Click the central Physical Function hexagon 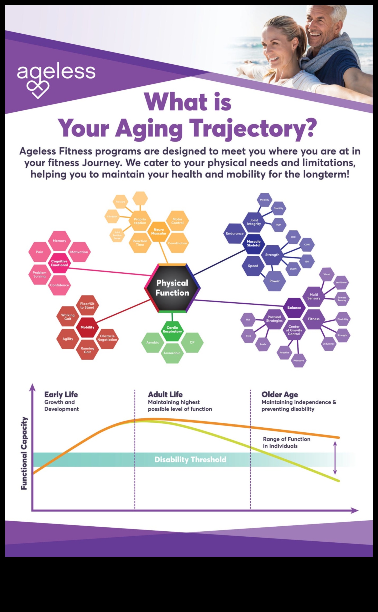tap(172, 288)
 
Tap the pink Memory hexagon tap(59, 241)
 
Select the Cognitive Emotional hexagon tap(59, 263)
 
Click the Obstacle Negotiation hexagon tap(107, 338)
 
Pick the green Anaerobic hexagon tap(172, 353)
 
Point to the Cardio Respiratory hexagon tap(172, 330)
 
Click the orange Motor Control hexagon tap(177, 221)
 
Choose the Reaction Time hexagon tap(140, 243)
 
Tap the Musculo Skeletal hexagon tap(254, 243)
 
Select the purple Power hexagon tap(274, 281)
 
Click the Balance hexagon tap(294, 308)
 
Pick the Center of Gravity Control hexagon tap(294, 330)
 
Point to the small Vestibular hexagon tap(341, 282)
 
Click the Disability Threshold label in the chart tap(190, 459)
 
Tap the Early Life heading tap(61, 395)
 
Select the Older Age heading tap(280, 395)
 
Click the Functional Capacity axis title tap(24, 453)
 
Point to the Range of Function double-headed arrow tap(335, 458)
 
